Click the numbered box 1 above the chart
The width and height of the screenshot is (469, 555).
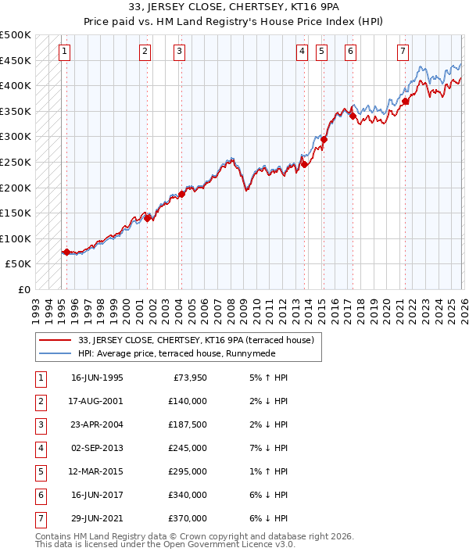point(64,52)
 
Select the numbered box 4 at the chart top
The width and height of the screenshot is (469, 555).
point(302,52)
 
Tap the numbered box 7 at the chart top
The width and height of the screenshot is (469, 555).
point(402,52)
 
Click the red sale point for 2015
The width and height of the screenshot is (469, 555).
point(324,140)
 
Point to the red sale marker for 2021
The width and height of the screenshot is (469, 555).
point(405,101)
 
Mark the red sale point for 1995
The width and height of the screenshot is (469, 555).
point(66,252)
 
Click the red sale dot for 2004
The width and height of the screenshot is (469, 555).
point(181,194)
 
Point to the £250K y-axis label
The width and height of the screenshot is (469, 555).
point(16,163)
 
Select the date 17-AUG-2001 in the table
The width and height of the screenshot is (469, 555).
point(97,401)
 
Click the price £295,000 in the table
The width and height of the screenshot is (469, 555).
point(188,471)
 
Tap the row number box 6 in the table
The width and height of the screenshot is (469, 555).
point(40,495)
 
